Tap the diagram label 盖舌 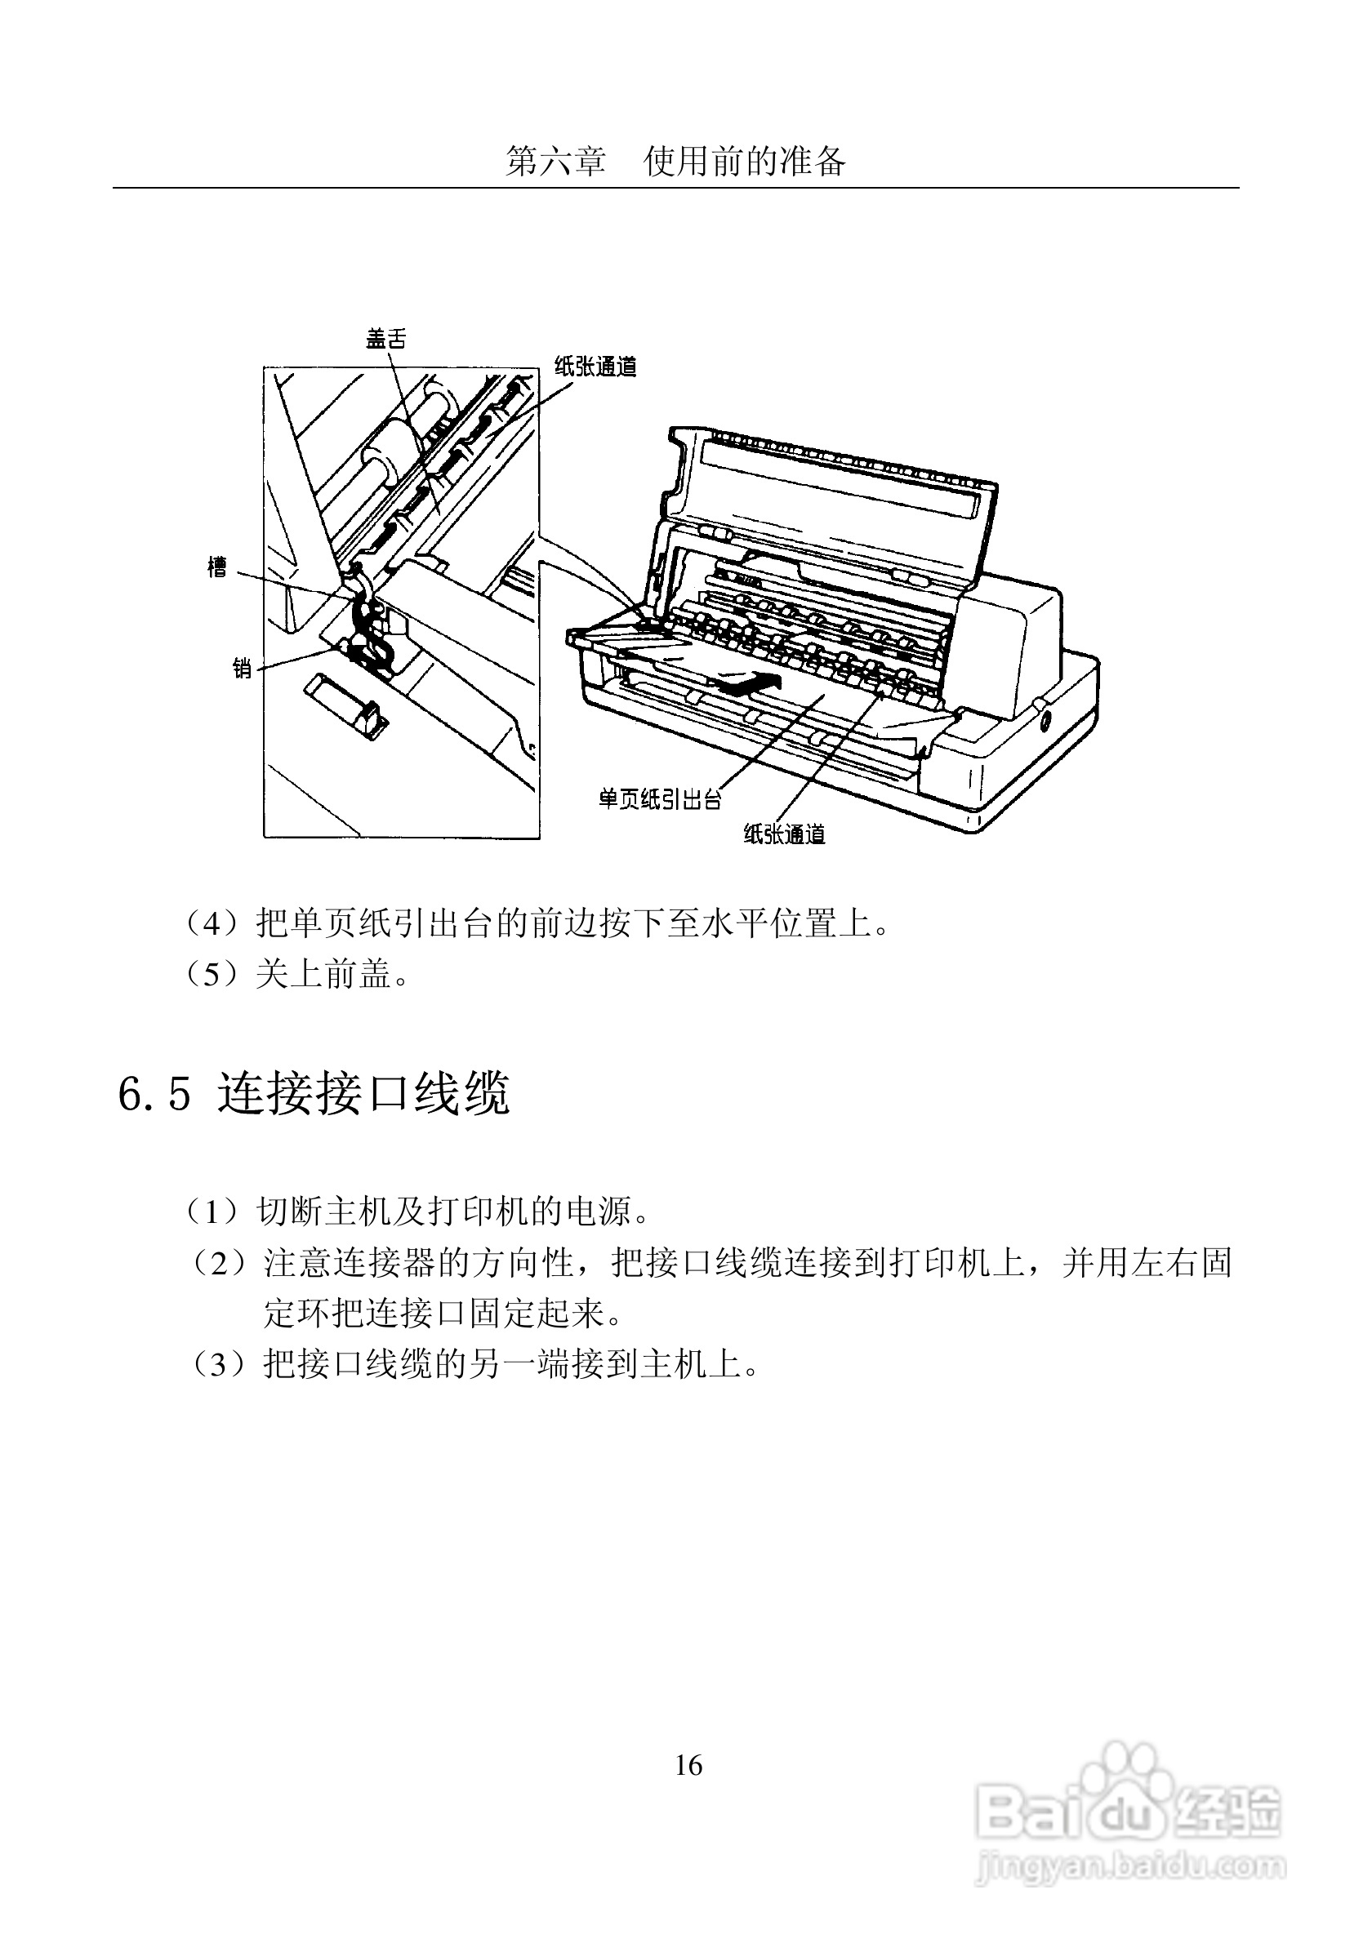[386, 340]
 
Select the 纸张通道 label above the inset [595, 367]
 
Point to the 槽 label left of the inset [217, 567]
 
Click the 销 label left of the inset [243, 669]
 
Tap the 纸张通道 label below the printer [785, 835]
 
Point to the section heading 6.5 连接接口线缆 [313, 1093]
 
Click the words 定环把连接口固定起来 [438, 1314]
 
